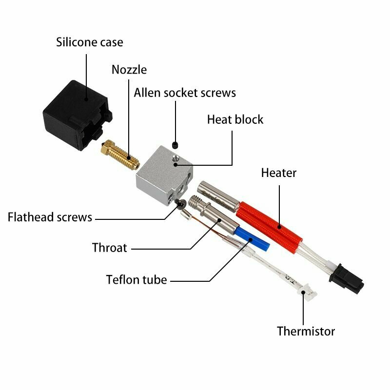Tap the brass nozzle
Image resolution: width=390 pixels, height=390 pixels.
point(120,155)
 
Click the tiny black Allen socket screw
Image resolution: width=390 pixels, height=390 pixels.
point(176,145)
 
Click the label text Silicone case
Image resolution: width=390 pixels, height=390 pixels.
point(90,42)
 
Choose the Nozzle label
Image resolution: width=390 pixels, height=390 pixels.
point(129,69)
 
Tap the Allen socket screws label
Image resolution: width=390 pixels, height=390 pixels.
point(185,92)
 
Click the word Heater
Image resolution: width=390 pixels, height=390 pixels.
point(279,173)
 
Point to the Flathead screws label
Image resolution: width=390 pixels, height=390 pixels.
point(50,217)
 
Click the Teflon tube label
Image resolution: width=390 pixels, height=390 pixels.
point(136,280)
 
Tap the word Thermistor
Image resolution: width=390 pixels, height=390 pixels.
point(306,331)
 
